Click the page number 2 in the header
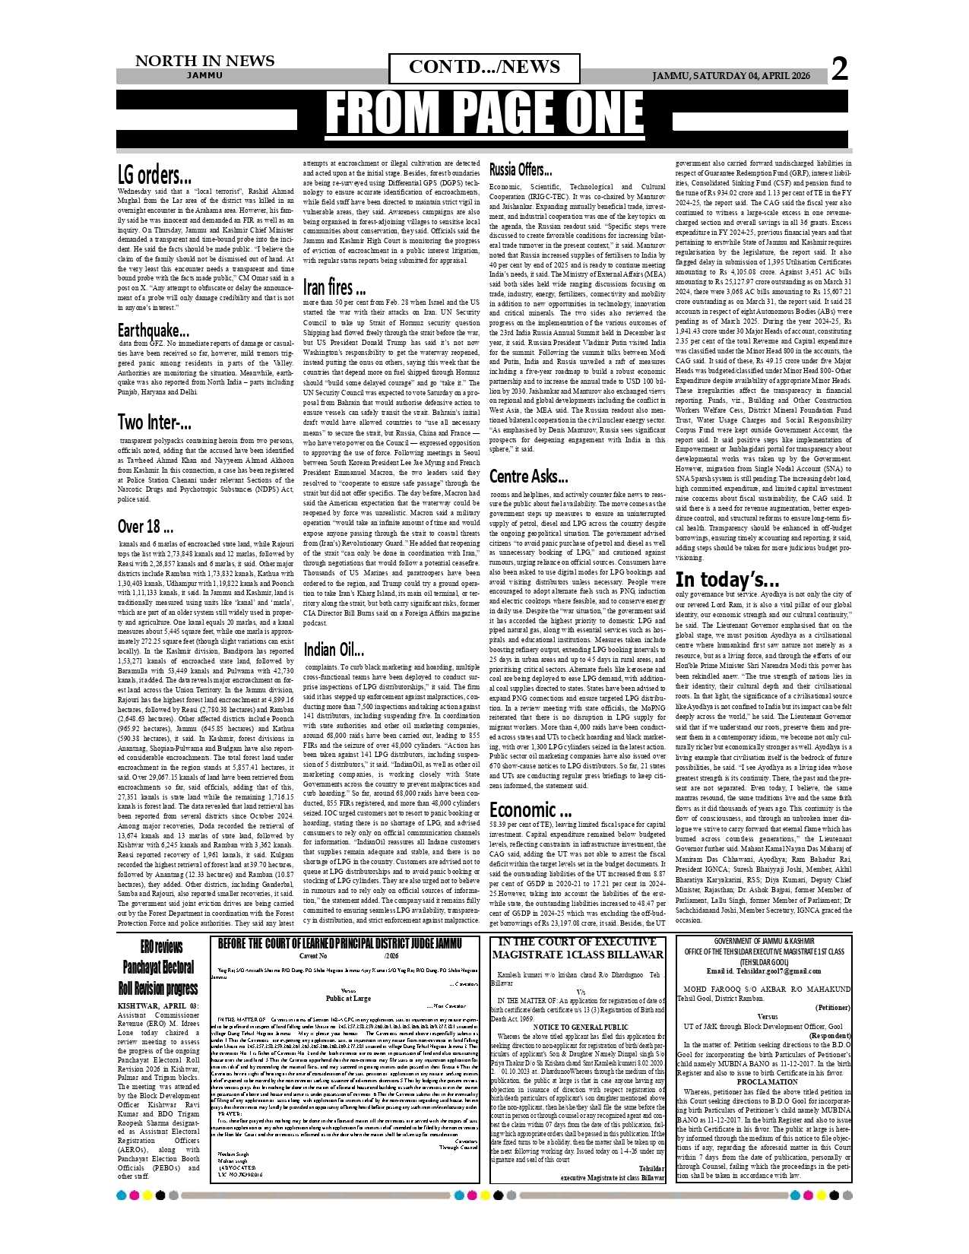click(839, 69)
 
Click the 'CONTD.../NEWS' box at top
click(484, 68)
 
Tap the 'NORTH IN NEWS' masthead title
click(204, 61)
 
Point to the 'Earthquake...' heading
click(153, 331)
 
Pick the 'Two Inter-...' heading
click(154, 422)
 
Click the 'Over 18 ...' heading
click(145, 526)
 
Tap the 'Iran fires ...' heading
click(334, 287)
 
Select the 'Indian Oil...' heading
click(334, 649)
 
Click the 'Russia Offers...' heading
click(521, 169)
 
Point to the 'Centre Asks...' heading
click(528, 477)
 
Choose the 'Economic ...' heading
click(530, 809)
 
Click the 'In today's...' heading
click(727, 581)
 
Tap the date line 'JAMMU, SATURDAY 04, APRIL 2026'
click(731, 76)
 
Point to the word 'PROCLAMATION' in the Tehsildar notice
click(767, 1081)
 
